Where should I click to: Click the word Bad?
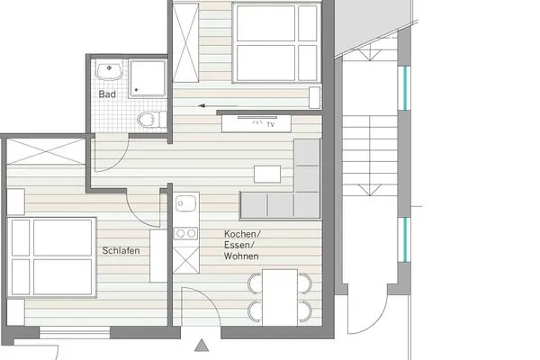pyautogui.click(x=107, y=94)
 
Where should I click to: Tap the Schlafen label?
pyautogui.click(x=120, y=250)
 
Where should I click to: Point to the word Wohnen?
pyautogui.click(x=243, y=256)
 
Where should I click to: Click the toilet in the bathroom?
pyautogui.click(x=148, y=119)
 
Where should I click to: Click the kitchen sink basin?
pyautogui.click(x=185, y=204)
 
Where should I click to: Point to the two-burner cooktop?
pyautogui.click(x=185, y=233)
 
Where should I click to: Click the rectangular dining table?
pyautogui.click(x=280, y=297)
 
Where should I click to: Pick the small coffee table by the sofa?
pyautogui.click(x=267, y=174)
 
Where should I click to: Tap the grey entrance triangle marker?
pyautogui.click(x=202, y=343)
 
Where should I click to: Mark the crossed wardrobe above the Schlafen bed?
pyautogui.click(x=44, y=152)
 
